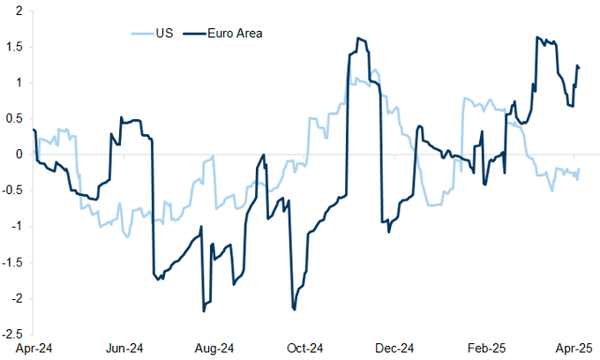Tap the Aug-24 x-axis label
click(214, 348)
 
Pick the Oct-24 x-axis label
click(305, 348)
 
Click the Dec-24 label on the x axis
click(395, 348)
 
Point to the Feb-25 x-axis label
click(487, 348)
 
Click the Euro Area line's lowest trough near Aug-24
click(204, 311)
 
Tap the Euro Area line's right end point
click(579, 67)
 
